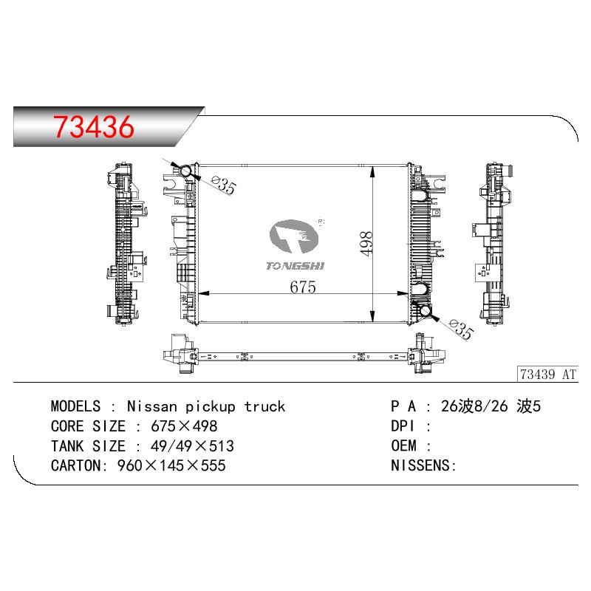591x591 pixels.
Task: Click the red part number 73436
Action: (94, 126)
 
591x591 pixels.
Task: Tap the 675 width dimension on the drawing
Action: (303, 287)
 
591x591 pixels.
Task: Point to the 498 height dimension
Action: (366, 244)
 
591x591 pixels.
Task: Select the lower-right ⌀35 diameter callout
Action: (461, 329)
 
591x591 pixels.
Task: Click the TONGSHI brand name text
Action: (295, 266)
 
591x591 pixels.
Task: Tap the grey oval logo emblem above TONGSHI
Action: (294, 236)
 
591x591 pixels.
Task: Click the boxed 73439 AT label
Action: (547, 375)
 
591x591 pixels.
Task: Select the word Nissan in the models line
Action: (152, 406)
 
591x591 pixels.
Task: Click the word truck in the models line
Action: (264, 406)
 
